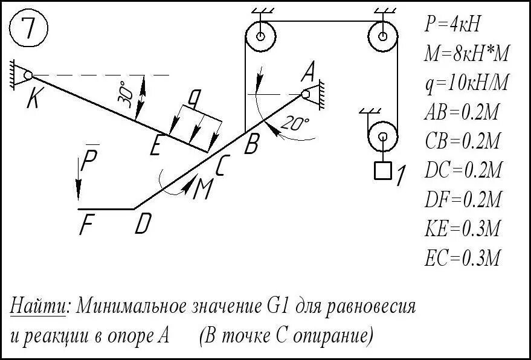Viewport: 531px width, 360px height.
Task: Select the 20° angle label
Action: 294,124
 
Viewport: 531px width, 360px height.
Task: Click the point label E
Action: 156,146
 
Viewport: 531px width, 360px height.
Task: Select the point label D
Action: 143,225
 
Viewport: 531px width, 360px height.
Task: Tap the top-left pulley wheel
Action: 260,36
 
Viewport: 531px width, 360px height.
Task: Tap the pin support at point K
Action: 24,75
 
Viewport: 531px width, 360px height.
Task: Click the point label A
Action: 307,73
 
